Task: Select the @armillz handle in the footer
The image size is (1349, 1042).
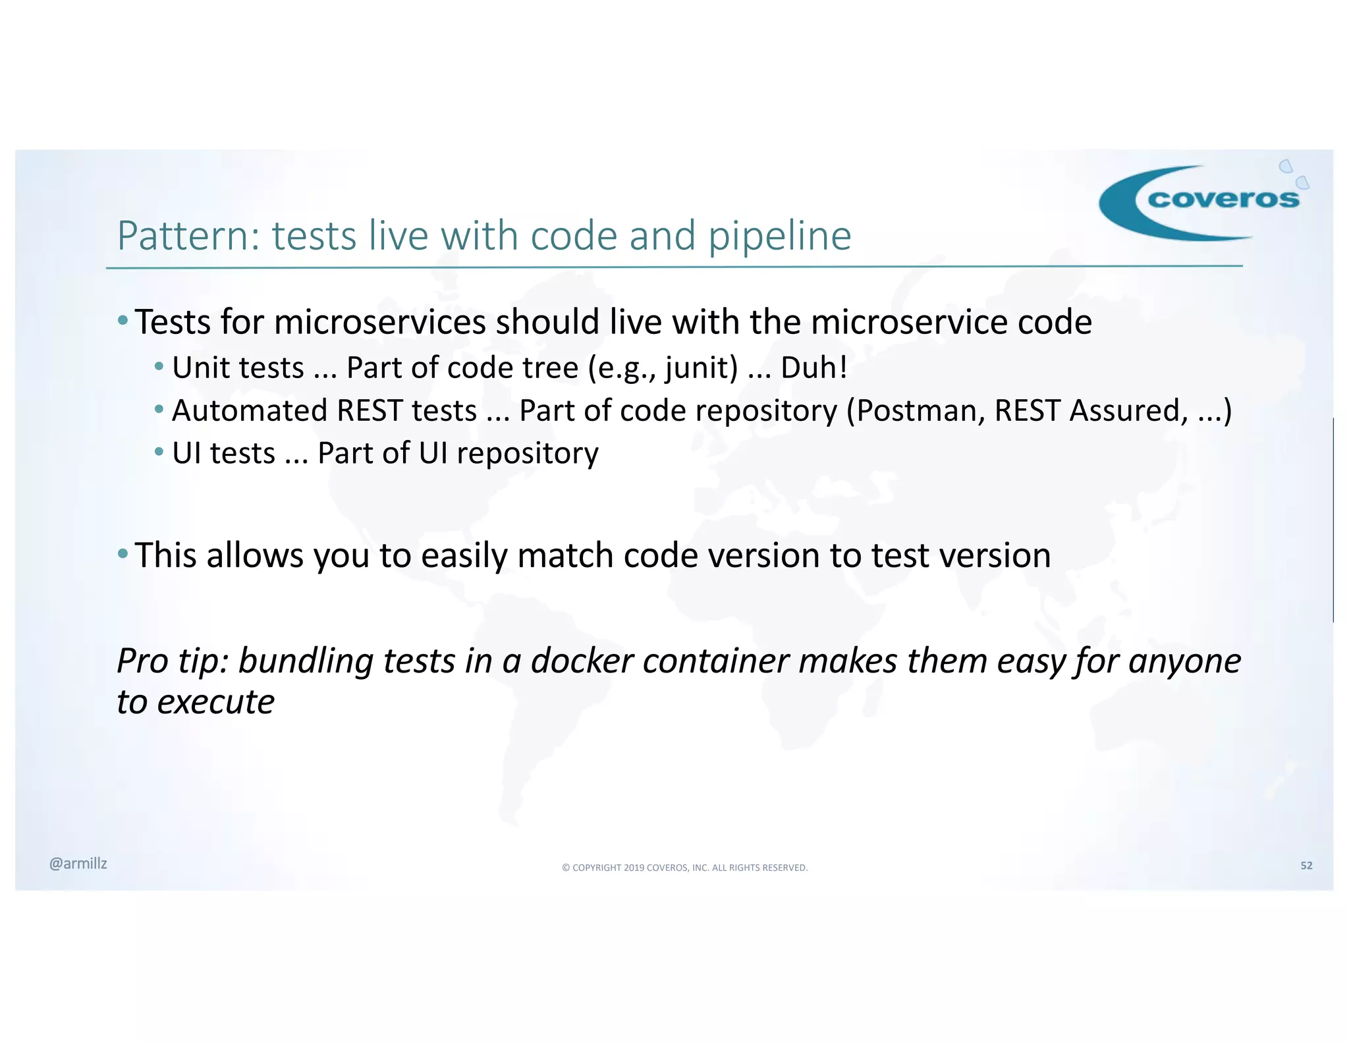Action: (78, 864)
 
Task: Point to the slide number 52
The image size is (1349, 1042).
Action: (1306, 865)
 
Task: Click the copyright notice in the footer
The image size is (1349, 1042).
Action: (684, 867)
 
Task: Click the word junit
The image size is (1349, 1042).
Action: (701, 368)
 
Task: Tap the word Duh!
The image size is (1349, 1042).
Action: (813, 368)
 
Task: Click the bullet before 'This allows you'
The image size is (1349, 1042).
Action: (123, 553)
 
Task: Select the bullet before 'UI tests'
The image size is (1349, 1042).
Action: (159, 452)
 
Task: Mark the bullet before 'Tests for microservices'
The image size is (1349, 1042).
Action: (123, 321)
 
